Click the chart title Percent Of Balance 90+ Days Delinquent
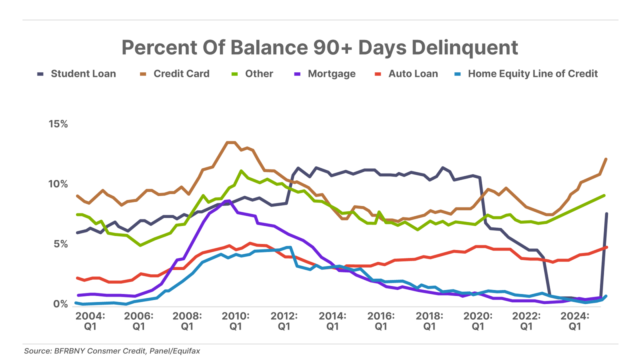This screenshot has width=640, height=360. [x=320, y=48]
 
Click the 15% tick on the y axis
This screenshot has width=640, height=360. [x=58, y=124]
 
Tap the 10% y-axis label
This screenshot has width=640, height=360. [x=58, y=184]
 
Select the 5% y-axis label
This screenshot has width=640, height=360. [x=61, y=244]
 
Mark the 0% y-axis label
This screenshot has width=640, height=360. [x=61, y=304]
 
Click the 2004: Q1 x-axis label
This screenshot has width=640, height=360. [x=90, y=321]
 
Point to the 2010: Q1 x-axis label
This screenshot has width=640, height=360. [x=236, y=321]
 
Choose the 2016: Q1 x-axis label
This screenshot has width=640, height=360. [x=381, y=321]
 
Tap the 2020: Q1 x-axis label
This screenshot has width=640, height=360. [x=478, y=321]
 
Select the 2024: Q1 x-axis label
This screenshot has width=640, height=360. [x=575, y=321]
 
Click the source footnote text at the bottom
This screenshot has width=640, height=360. [x=112, y=351]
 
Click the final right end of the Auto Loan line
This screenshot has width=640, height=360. [x=607, y=247]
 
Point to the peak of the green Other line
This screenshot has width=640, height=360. [x=241, y=171]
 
